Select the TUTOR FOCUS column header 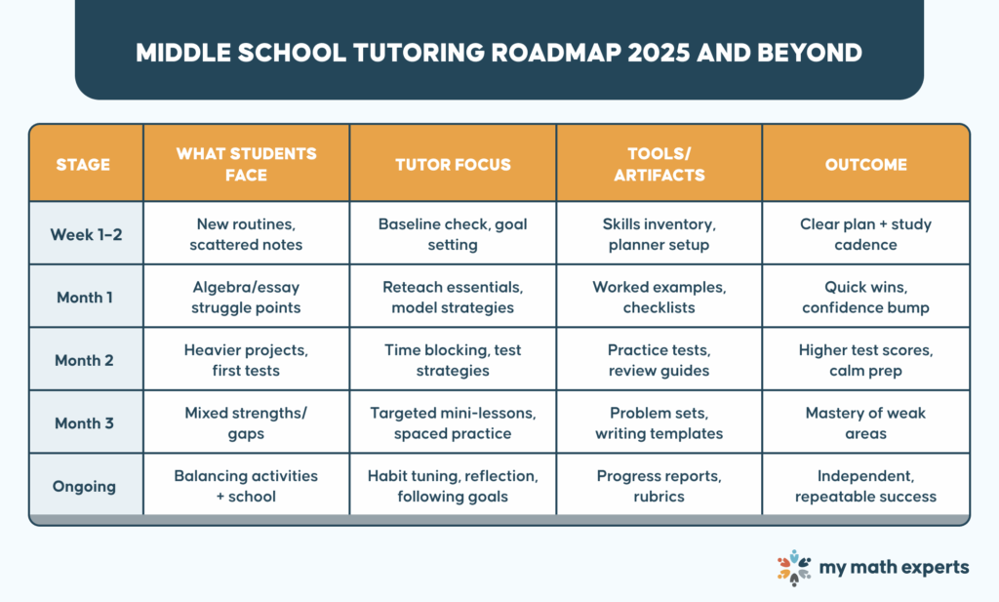click(453, 164)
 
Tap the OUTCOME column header click(865, 164)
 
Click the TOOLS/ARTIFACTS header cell click(659, 164)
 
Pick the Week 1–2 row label click(86, 234)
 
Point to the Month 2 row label click(86, 360)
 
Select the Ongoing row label click(86, 486)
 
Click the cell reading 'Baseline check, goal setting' click(453, 234)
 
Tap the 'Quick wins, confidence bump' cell click(865, 298)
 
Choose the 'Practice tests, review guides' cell click(659, 360)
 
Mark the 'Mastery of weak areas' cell click(865, 422)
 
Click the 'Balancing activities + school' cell click(246, 486)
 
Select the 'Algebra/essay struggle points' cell click(246, 298)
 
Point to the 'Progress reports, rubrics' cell click(659, 486)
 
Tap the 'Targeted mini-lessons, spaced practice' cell click(453, 422)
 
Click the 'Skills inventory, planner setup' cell click(659, 234)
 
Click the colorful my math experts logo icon click(794, 568)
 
